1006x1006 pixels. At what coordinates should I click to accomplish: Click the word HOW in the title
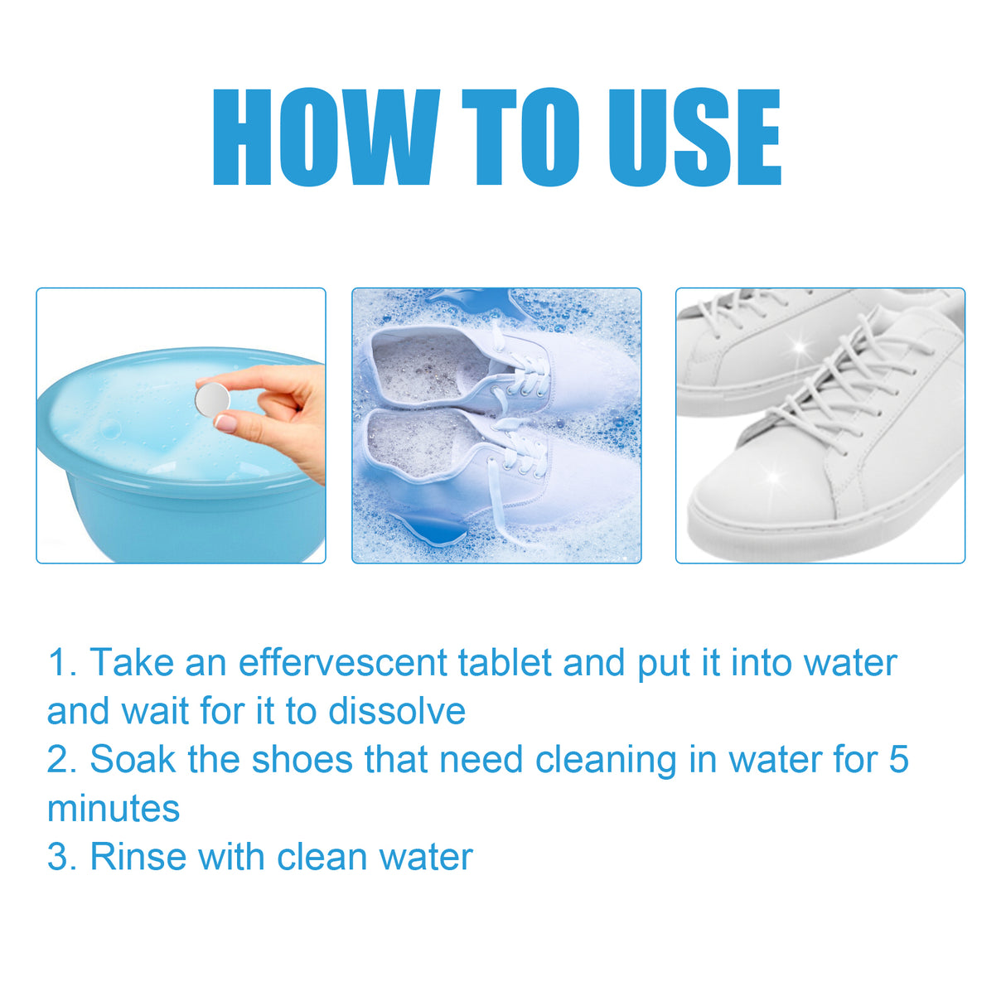[325, 138]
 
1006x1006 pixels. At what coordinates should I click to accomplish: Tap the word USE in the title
[694, 138]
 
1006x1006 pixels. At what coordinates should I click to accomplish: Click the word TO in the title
[520, 138]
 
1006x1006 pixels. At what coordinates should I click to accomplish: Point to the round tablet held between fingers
[211, 399]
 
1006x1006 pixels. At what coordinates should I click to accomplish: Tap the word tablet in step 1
[505, 663]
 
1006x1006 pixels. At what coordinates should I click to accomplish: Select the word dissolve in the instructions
[397, 711]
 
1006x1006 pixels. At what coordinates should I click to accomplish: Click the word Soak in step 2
[133, 759]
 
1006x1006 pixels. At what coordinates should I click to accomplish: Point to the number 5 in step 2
[899, 759]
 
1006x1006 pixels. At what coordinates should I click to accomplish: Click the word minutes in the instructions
[114, 808]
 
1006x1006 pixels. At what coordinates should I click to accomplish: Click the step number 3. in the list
[62, 857]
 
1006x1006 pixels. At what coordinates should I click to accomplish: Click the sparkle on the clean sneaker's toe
[774, 476]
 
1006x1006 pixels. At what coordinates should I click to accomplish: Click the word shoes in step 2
[302, 759]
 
